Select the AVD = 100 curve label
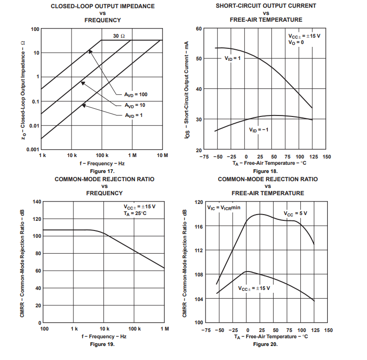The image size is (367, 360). [135, 94]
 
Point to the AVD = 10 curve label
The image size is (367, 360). [135, 105]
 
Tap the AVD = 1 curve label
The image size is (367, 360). [134, 115]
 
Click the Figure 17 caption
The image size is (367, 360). [102, 172]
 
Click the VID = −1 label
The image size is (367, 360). [259, 130]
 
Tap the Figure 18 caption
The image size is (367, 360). [265, 172]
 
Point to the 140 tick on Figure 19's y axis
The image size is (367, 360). [36, 202]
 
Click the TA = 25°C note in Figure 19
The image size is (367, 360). [135, 214]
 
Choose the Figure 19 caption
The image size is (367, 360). [102, 344]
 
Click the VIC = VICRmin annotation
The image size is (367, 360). [224, 208]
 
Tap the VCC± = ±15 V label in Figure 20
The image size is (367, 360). [254, 288]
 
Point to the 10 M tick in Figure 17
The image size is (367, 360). [162, 156]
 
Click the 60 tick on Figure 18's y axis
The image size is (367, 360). [199, 29]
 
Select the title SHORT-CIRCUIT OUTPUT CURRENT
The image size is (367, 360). [266, 6]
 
